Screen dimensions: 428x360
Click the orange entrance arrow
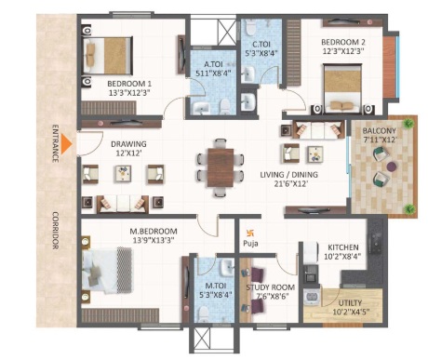tap(66, 144)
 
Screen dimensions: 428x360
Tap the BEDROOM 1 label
tap(129, 84)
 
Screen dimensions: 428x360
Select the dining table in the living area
tap(221, 167)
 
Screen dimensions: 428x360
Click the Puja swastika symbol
tap(250, 233)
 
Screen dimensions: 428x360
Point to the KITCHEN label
tap(343, 247)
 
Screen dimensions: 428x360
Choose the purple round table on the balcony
tap(392, 167)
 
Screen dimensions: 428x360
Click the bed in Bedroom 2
tap(342, 88)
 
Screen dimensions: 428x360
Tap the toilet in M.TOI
tap(204, 313)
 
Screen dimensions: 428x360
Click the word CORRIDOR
tap(56, 231)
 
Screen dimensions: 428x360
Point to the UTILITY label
tap(350, 303)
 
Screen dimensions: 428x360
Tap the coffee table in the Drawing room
tap(123, 173)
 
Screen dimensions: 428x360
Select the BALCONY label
tap(379, 131)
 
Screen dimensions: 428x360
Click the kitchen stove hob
tap(377, 243)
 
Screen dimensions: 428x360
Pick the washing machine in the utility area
tap(311, 298)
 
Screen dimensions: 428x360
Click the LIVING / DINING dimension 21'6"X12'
tap(290, 184)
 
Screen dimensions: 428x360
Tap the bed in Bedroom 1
tap(107, 56)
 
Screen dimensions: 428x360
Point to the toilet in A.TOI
tap(224, 106)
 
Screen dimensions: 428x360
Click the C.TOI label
tap(261, 45)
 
